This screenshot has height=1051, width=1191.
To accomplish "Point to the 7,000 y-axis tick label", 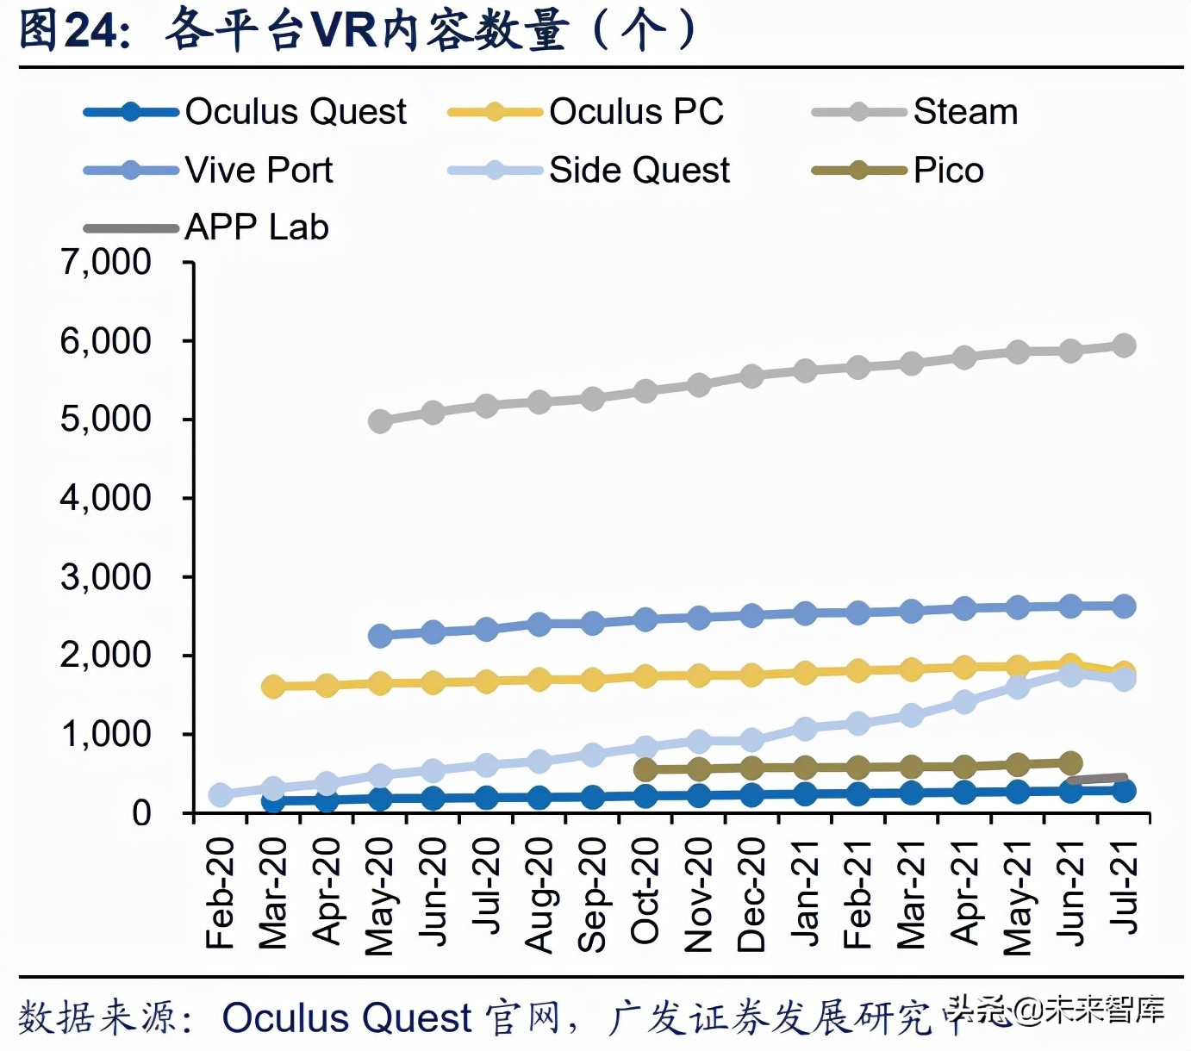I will coord(105,262).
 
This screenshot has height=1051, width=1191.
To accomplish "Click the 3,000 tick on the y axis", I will coord(105,577).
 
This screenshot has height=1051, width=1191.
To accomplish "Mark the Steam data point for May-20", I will coord(380,421).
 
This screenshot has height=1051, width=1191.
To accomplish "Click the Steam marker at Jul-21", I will coord(1124,345).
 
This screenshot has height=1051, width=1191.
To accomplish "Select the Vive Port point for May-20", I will coord(380,636).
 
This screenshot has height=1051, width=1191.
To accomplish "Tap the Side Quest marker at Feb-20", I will coord(221,794).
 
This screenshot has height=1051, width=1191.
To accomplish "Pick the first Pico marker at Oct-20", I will coord(645,769).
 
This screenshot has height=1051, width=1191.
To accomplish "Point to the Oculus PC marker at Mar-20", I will coord(274,687).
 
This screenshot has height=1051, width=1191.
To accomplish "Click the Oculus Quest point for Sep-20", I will coord(592,798).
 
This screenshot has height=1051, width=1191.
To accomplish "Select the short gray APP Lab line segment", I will coord(1098,779).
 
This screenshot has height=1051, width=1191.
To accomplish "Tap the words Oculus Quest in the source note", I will coord(346,1017).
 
